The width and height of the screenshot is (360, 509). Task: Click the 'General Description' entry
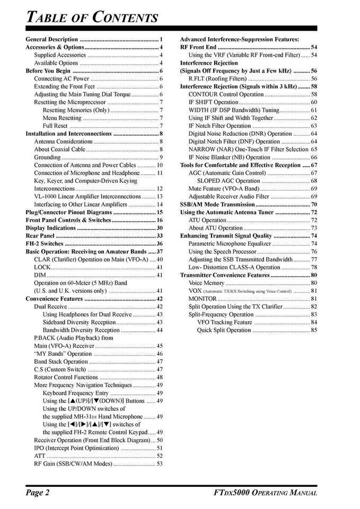(52, 39)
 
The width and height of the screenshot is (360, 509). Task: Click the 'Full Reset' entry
(55, 126)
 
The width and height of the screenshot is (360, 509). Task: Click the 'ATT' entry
(40, 455)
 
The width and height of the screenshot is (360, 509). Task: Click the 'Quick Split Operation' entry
(224, 330)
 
